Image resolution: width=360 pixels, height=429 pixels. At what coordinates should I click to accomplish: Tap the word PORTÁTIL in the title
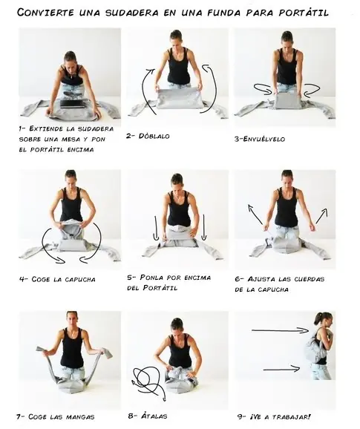point(304,13)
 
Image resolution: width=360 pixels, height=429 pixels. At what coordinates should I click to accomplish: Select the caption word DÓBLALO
point(154,136)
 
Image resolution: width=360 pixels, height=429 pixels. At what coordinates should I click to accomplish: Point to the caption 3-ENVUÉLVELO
point(259,139)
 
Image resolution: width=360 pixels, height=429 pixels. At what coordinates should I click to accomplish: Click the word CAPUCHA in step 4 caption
point(80,279)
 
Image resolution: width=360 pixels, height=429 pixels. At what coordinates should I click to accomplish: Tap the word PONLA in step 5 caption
point(151,278)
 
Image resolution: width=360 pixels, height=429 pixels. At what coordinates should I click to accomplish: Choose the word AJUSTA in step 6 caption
point(261,279)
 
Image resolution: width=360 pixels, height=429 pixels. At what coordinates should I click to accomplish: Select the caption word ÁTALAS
point(154,416)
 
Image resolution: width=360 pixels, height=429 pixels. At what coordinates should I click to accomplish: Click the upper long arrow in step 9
point(280,330)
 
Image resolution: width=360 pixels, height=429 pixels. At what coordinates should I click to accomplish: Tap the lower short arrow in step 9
point(282,370)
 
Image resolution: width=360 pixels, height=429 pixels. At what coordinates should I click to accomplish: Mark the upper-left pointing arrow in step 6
point(255,214)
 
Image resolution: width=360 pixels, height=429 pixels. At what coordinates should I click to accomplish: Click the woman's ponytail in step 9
point(318,319)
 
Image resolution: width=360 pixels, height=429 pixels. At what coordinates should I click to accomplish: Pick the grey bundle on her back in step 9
point(314,347)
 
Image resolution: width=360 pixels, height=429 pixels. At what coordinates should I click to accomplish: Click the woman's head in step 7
point(72,320)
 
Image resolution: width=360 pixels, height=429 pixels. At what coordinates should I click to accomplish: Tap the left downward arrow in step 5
point(156,228)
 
